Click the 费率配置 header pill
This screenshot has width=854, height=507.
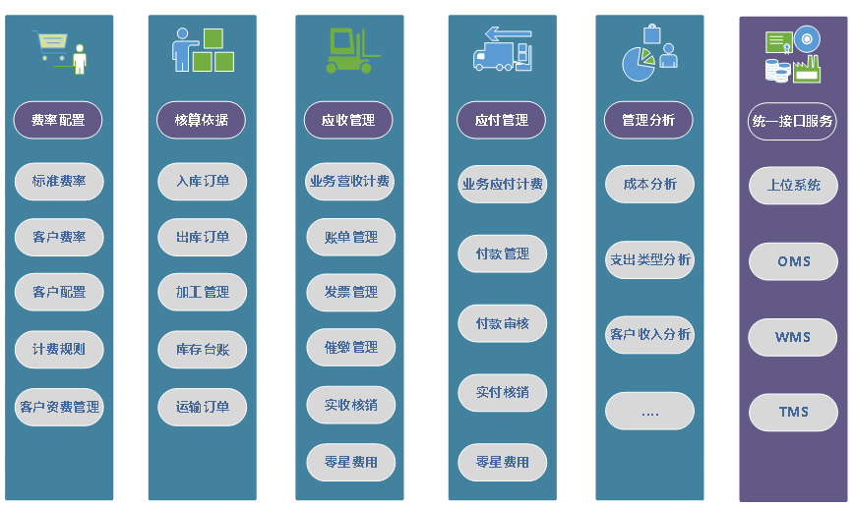click(58, 121)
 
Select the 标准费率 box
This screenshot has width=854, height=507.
click(59, 182)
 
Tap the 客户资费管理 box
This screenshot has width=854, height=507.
click(59, 407)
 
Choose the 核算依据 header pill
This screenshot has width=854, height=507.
click(201, 121)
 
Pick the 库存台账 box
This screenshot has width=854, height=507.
click(203, 349)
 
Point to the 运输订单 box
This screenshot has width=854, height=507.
click(203, 407)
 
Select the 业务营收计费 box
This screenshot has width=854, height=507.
click(349, 182)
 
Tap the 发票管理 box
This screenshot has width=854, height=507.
click(350, 292)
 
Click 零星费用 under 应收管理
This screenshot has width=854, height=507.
click(350, 462)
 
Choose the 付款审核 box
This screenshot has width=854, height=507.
click(502, 323)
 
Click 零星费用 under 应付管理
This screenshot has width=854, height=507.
click(502, 462)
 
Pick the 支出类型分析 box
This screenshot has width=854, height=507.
click(649, 260)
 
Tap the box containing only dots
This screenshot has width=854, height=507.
click(649, 412)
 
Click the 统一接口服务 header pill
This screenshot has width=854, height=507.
click(792, 122)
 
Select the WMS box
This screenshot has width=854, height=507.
click(793, 337)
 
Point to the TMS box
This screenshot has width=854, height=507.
click(793, 412)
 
